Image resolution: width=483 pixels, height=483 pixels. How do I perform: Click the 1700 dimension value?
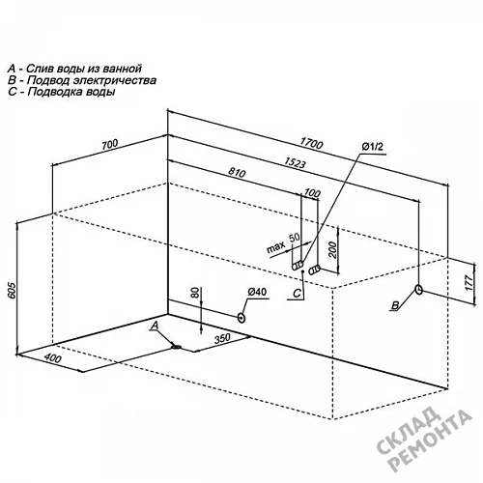tap(311, 143)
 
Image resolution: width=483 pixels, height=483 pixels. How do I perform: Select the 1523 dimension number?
tap(295, 162)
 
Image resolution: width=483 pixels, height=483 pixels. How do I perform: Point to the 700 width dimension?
tap(110, 145)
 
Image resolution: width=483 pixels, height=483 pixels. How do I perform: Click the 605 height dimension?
tap(11, 291)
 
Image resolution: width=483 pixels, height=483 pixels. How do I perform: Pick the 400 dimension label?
tap(52, 357)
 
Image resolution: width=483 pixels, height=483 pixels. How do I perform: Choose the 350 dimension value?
tap(222, 338)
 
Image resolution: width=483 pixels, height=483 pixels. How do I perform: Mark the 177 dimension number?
tap(469, 283)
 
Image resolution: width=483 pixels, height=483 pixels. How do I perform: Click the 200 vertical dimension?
tap(333, 249)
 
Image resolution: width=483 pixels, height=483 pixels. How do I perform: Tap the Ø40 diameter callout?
tap(257, 292)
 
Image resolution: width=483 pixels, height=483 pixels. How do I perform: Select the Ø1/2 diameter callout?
tap(373, 147)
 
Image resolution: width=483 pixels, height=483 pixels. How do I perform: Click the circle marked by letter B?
tap(419, 289)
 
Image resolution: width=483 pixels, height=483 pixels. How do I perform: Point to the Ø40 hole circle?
tap(241, 318)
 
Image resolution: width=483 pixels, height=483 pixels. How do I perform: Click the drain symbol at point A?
tap(177, 347)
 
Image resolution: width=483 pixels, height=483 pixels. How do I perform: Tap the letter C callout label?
tap(297, 293)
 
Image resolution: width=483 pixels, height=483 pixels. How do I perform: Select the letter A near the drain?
tap(155, 327)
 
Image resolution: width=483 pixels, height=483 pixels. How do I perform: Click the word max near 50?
tap(276, 247)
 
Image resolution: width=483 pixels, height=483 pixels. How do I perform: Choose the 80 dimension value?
tap(195, 294)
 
